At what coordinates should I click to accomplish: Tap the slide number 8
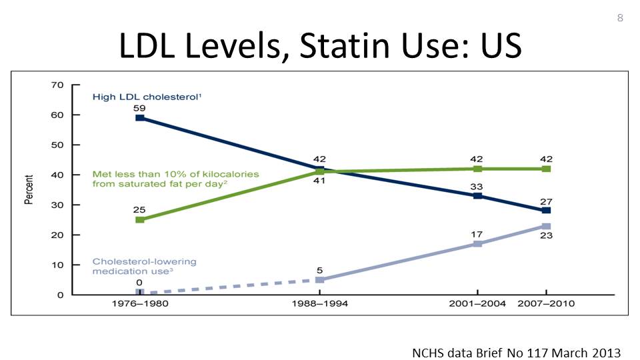coord(620,18)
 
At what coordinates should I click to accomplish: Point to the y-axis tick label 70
coord(57,85)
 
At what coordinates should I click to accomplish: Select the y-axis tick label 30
coord(57,205)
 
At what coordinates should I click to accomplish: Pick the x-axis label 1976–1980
coord(139,304)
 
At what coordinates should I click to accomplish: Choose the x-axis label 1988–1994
coord(320,304)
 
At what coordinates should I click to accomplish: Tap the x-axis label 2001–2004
coord(477,304)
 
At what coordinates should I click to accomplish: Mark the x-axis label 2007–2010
coord(546,304)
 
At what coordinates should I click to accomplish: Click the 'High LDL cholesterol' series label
coord(147,97)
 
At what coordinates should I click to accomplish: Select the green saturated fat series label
coord(175,179)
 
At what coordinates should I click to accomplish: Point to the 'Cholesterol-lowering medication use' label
coord(145,266)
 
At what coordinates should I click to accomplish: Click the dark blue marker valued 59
coord(140,118)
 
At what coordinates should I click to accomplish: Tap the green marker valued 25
coord(140,219)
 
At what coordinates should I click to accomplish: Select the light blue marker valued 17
coord(477,244)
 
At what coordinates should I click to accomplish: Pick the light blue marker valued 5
coord(320,280)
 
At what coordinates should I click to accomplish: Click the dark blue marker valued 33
coord(477,196)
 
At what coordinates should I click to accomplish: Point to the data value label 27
coord(546,201)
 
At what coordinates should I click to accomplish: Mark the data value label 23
coord(546,235)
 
